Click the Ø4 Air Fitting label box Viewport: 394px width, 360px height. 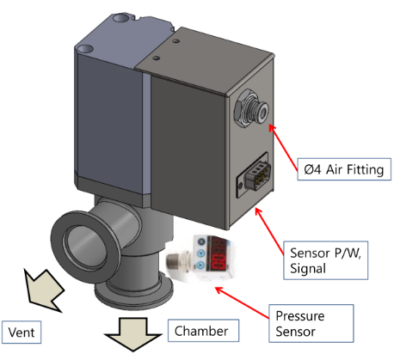pos(344,169)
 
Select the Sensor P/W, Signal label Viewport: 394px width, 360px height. pos(325,260)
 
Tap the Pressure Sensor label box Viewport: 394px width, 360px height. pos(311,323)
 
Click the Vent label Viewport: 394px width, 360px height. pos(22,333)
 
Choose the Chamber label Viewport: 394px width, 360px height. pos(203,331)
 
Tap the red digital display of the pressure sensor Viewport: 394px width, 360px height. pos(219,253)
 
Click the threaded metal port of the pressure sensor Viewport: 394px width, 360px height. pos(178,260)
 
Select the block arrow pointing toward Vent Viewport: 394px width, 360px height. pos(42,290)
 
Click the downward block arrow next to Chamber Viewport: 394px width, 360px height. pos(133,333)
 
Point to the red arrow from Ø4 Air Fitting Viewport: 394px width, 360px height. pos(283,147)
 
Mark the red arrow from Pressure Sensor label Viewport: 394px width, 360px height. pos(242,302)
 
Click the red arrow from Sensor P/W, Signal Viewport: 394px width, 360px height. pos(269,231)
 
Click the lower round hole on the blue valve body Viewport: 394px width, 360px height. pos(85,49)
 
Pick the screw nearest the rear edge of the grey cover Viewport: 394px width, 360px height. pos(176,41)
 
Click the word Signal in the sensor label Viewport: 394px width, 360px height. pos(308,269)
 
